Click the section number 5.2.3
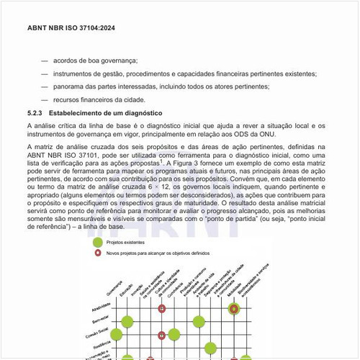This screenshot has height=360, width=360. click(35, 114)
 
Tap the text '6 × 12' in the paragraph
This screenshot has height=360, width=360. click(171, 187)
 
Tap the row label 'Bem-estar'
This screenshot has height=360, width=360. click(100, 320)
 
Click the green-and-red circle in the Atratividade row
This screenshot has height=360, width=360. click(233, 309)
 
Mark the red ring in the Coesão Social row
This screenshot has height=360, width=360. click(162, 335)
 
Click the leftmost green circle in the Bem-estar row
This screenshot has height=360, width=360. click(127, 322)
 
